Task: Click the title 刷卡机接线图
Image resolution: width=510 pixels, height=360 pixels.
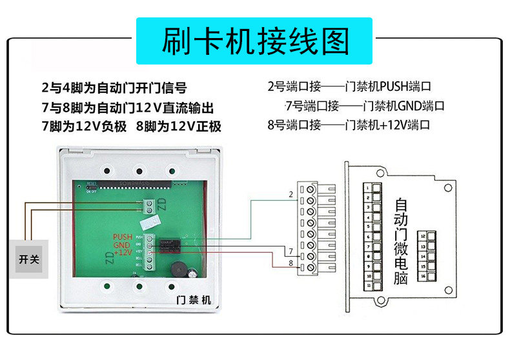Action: [256, 41]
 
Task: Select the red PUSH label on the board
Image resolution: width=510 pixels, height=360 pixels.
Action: [123, 237]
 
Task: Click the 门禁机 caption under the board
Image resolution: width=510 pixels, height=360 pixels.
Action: [194, 301]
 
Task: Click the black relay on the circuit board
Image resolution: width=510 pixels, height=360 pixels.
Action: [173, 246]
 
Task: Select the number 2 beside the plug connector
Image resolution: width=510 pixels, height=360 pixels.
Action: [291, 194]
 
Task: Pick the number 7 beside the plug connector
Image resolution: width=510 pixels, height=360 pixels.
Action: [291, 250]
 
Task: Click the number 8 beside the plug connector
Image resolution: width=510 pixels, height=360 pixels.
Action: [291, 263]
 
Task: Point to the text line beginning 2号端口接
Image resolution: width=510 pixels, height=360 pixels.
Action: [349, 86]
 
